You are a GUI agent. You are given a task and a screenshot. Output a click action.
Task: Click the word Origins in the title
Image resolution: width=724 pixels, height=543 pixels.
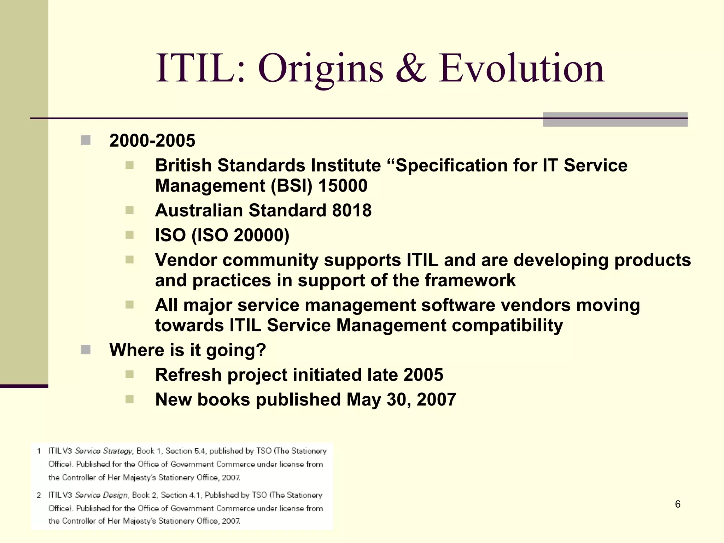(320, 69)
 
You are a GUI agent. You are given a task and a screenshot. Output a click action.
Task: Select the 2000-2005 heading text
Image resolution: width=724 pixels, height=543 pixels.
(152, 141)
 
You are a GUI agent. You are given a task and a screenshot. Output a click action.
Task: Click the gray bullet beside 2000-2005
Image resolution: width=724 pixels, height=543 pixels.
(86, 140)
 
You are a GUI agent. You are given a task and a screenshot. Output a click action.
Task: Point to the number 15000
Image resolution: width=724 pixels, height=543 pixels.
(343, 186)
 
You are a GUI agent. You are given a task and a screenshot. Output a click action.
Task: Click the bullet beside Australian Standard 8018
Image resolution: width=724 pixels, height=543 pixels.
(129, 210)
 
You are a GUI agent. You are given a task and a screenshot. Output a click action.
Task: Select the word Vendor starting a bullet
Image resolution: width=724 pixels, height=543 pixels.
(186, 260)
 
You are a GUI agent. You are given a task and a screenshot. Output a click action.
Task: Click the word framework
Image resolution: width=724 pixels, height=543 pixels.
(470, 281)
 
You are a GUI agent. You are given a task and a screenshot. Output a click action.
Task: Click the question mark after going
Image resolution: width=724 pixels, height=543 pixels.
(261, 350)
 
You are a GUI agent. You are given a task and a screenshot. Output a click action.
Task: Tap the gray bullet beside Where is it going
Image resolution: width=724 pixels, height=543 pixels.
(86, 350)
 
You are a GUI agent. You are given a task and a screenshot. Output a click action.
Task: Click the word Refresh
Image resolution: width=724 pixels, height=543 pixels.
(188, 375)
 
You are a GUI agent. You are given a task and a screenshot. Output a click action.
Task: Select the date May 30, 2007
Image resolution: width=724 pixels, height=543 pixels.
(401, 399)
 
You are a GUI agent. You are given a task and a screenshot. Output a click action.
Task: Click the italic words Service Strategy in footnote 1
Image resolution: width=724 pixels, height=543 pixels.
(104, 451)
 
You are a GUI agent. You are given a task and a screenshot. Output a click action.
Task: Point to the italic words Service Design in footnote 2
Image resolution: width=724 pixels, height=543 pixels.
(101, 495)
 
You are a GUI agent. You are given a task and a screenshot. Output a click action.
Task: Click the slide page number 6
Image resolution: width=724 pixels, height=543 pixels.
(677, 504)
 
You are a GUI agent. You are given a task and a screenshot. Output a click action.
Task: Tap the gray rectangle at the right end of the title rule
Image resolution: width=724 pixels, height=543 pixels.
(615, 119)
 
